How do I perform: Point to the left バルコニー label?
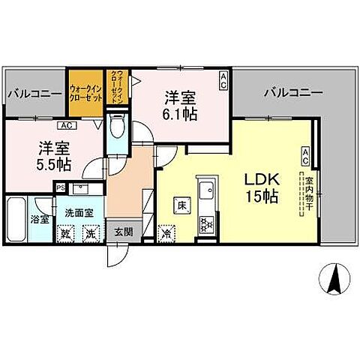(x=34, y=94)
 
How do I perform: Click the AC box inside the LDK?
(x=306, y=155)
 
